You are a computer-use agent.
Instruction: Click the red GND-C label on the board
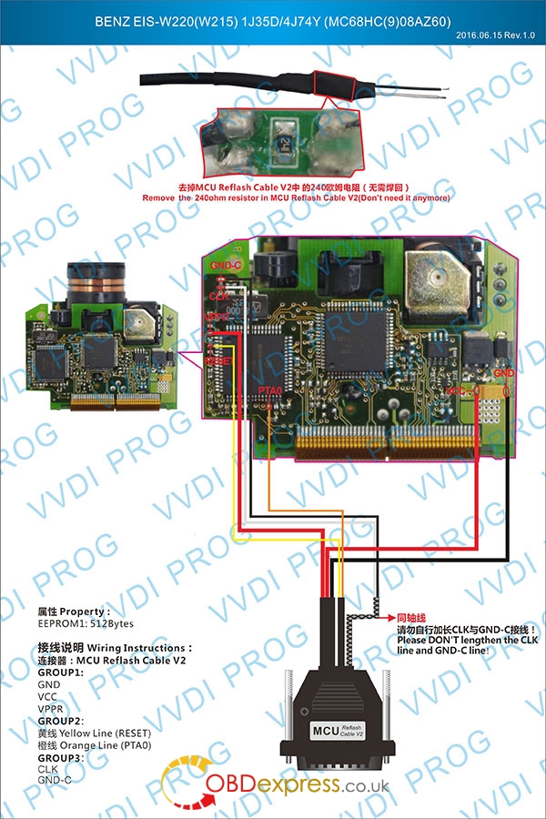[x=224, y=265]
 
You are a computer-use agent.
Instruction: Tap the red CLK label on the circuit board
[x=219, y=296]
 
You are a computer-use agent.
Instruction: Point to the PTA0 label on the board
[x=271, y=389]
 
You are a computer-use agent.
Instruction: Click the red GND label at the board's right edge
[x=504, y=373]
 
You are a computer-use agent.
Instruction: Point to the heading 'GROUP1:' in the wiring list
[x=60, y=672]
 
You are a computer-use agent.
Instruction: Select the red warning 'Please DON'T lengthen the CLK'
[x=466, y=640]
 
